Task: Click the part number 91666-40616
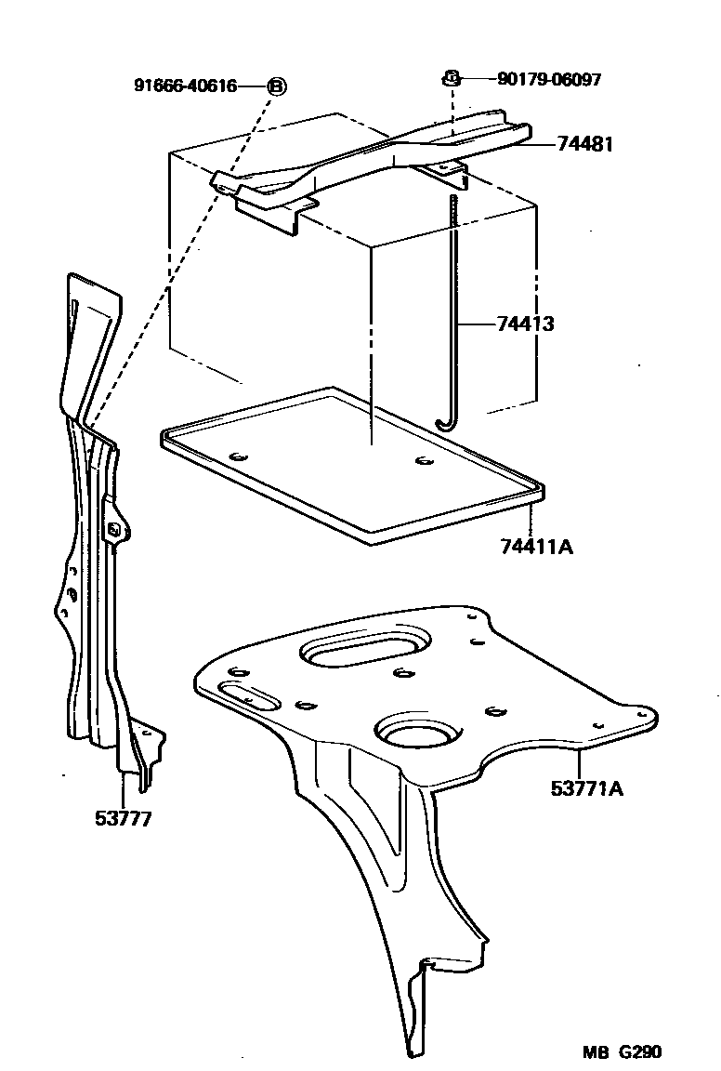point(186,86)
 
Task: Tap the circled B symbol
point(277,86)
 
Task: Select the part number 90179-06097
point(549,80)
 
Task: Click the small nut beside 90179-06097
point(449,78)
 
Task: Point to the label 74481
point(585,144)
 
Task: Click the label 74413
point(525,324)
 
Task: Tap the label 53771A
point(586,790)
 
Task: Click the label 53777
point(123,819)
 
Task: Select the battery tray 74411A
point(353,465)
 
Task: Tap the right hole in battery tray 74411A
point(425,461)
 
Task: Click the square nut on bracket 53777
point(114,530)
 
